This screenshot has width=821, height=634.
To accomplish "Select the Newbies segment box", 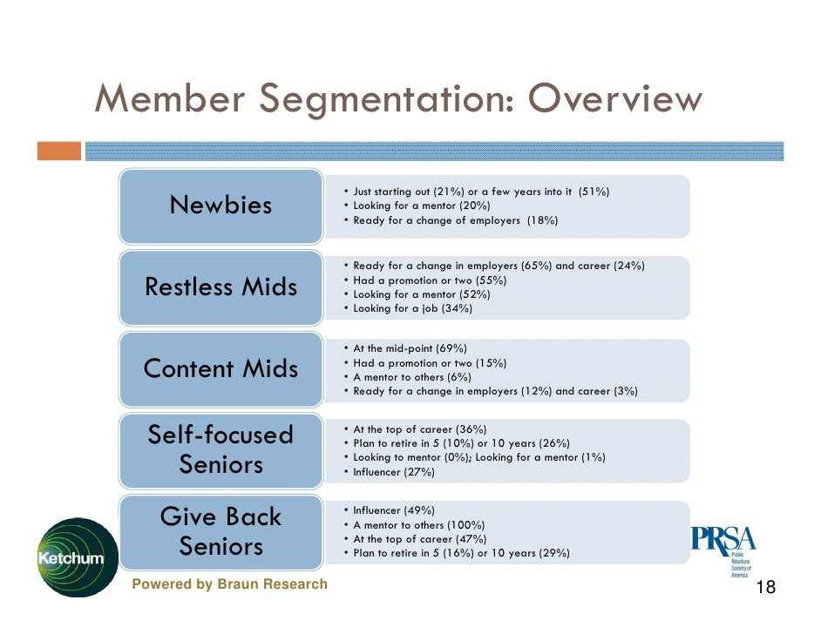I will [x=221, y=206].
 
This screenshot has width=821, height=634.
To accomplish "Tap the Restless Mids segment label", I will [x=221, y=287].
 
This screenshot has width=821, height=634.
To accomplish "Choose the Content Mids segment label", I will [x=221, y=368].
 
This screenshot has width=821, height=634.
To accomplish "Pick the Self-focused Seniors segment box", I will [x=221, y=449].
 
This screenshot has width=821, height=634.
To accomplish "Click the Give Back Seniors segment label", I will [x=221, y=531].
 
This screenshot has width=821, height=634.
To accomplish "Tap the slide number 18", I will [x=765, y=589].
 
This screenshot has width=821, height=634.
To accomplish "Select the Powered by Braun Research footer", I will [x=229, y=584].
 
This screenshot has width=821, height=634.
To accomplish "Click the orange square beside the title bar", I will [x=58, y=151].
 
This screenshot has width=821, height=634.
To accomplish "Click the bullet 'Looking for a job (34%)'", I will [x=412, y=308].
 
